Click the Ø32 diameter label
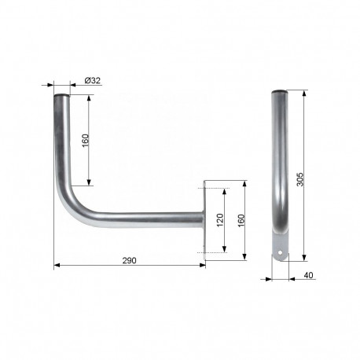point(92,80)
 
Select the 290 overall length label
point(130,260)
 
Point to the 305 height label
point(301,179)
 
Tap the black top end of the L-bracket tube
point(60,97)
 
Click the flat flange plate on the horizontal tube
point(205,221)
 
